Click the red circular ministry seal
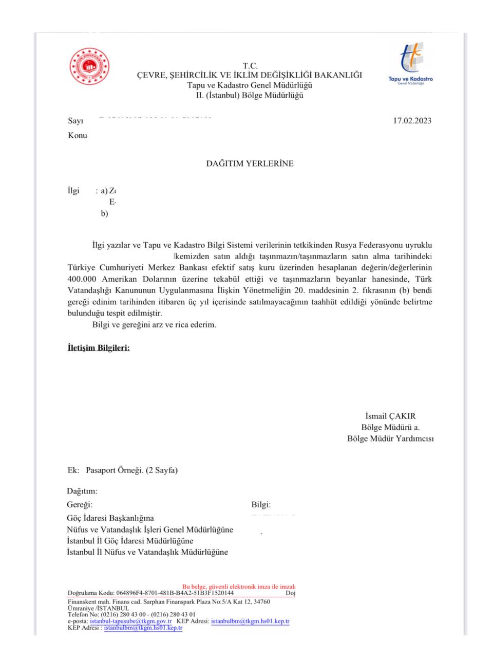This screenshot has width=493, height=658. [90, 66]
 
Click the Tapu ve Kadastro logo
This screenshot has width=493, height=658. [410, 64]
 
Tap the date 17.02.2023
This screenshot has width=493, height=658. [412, 121]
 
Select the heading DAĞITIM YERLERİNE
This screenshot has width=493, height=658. [250, 163]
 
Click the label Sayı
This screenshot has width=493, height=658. [75, 121]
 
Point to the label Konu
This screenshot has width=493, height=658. [78, 136]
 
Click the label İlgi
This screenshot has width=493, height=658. [73, 191]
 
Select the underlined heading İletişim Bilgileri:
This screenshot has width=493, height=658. [99, 348]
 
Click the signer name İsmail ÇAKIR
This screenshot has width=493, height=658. [390, 416]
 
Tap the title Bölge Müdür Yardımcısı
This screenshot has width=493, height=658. [390, 438]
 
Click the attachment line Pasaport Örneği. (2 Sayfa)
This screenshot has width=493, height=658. [131, 470]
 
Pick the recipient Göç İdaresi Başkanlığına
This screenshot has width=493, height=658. [110, 518]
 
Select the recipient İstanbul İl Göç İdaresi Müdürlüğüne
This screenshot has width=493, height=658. [130, 541]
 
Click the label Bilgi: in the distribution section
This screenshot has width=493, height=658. [261, 505]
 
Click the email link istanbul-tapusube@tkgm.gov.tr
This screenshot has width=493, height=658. [131, 621]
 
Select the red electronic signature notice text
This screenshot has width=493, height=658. [238, 587]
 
